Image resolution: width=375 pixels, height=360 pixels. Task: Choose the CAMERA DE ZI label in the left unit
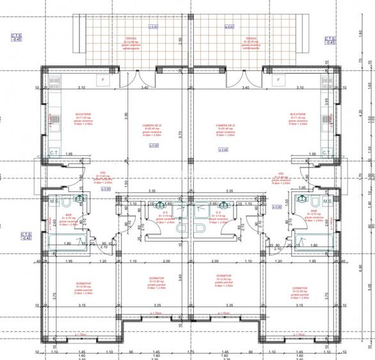(x=152, y=125)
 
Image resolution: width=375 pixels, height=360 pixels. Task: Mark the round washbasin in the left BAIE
(x=79, y=200)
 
